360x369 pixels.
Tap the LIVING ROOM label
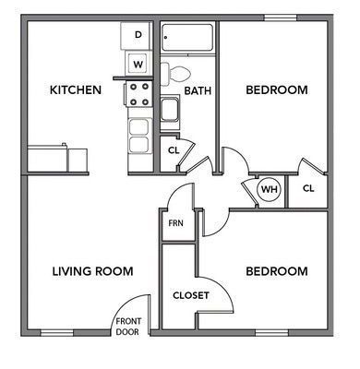(92, 271)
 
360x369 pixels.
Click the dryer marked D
(138, 35)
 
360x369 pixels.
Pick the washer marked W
(138, 64)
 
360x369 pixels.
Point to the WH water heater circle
(269, 190)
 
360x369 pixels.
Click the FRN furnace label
(175, 223)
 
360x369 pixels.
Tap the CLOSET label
(191, 295)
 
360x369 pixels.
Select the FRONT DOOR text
(126, 326)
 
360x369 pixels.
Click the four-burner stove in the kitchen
(139, 94)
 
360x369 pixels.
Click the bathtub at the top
(187, 38)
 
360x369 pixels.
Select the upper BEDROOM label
(276, 89)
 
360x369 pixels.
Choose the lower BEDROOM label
(276, 271)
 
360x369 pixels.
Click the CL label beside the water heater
(308, 189)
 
